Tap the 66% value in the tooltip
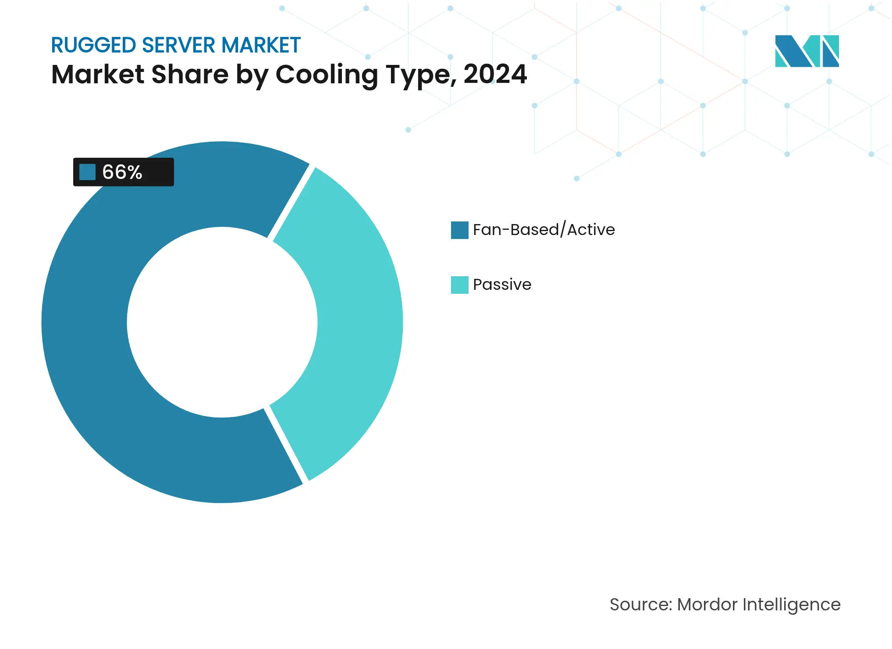point(122,172)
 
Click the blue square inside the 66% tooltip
point(88,172)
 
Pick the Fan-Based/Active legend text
point(544,230)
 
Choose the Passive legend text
point(502,285)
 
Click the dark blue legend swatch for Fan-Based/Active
point(459,230)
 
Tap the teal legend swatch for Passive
point(459,285)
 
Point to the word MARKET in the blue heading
point(261,46)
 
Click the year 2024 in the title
point(495,74)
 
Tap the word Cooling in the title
point(327,75)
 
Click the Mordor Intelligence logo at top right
point(807,51)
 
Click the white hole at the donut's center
point(222,322)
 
